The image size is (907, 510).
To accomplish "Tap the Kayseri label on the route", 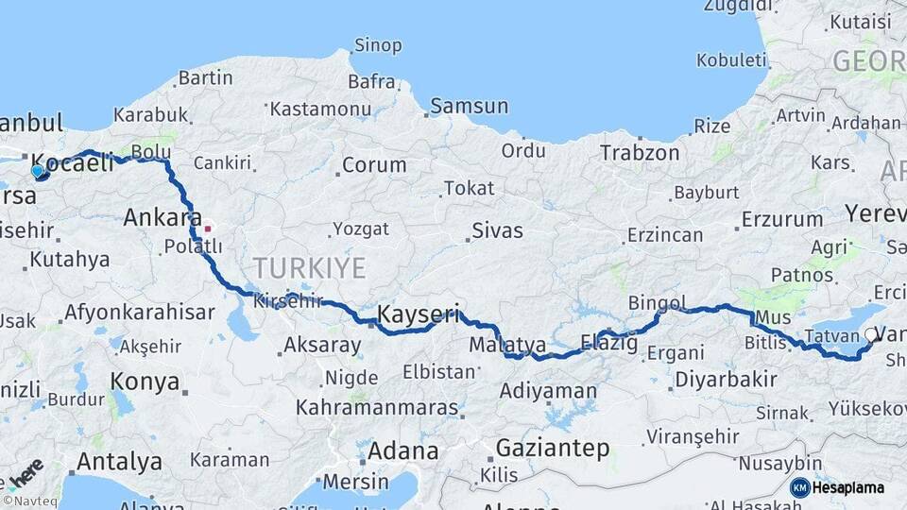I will coord(418,314).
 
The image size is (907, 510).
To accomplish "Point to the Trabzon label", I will coord(640,152).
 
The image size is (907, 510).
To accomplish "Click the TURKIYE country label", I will coord(309,268).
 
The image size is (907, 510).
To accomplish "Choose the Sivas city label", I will coord(497,229).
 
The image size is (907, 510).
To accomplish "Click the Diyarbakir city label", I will coord(726,381).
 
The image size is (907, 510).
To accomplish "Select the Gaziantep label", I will coord(553,448).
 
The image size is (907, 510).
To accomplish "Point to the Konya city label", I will coord(145,382).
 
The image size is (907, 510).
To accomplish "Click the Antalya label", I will coord(118,462).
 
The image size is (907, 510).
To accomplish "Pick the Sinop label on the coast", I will coord(378,44).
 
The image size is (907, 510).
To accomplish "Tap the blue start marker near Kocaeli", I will coord(38,172).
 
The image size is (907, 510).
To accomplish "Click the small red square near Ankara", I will coord(207,228).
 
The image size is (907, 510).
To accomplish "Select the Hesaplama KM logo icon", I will coord(800,487).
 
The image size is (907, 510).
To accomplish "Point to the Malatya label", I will coord(507,345).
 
